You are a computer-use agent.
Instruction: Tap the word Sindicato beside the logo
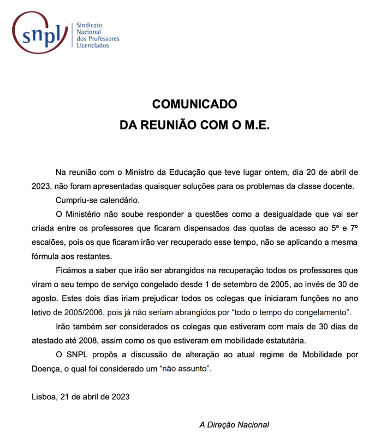tap(89, 26)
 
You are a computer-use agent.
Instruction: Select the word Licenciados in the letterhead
tap(93, 45)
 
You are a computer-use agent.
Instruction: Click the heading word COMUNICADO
tap(194, 104)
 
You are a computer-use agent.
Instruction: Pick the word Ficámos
tap(72, 271)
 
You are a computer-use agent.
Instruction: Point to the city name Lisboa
tap(44, 397)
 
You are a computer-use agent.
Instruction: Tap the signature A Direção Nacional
tap(234, 424)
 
